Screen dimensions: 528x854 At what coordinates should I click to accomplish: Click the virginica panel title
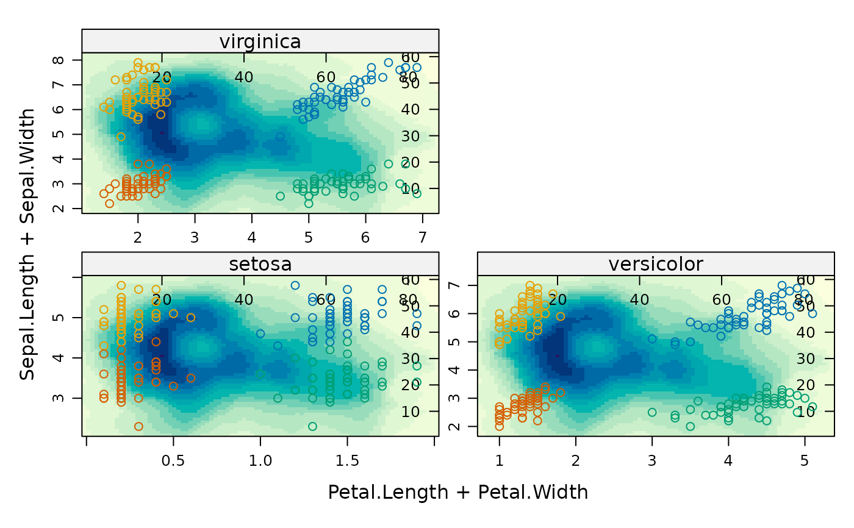pyautogui.click(x=260, y=41)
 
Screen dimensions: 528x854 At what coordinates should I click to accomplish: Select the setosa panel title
pyautogui.click(x=260, y=264)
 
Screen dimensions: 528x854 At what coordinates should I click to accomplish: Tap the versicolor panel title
pyautogui.click(x=655, y=264)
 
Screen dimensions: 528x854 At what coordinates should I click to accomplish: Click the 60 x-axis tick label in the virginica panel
pyautogui.click(x=326, y=77)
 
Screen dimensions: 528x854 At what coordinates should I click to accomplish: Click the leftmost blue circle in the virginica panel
pyautogui.click(x=281, y=137)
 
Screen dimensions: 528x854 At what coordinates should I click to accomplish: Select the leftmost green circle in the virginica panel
pyautogui.click(x=281, y=196)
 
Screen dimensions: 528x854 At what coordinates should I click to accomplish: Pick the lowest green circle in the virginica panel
pyautogui.click(x=309, y=204)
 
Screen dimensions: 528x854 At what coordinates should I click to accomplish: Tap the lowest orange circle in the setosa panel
pyautogui.click(x=138, y=426)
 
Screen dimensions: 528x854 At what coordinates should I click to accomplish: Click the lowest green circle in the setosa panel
pyautogui.click(x=313, y=426)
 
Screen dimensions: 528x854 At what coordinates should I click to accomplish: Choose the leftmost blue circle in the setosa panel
pyautogui.click(x=260, y=334)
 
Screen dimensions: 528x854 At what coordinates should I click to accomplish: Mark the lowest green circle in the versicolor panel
pyautogui.click(x=691, y=426)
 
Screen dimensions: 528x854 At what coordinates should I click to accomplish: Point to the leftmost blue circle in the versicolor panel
pyautogui.click(x=652, y=339)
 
